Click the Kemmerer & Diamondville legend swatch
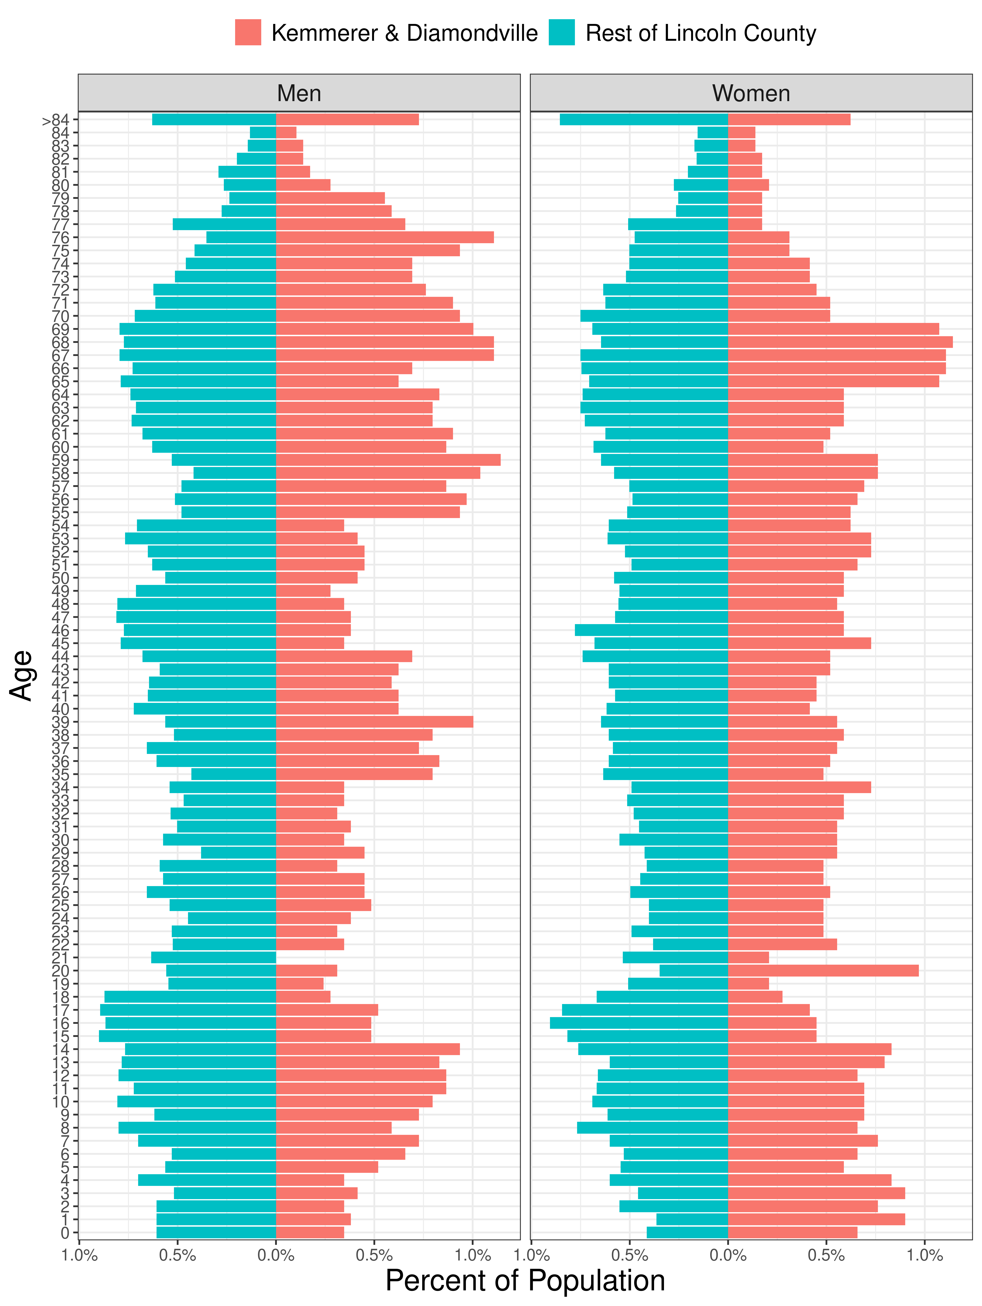[x=248, y=32]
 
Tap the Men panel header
[x=299, y=93]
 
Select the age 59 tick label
[x=61, y=460]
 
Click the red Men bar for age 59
[x=388, y=460]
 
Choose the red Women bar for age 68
[x=840, y=342]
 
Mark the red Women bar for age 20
[x=823, y=970]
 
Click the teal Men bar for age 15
[x=187, y=1035]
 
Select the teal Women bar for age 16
[x=639, y=1023]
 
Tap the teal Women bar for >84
[x=644, y=119]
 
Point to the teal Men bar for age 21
[x=213, y=957]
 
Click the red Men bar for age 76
[x=384, y=237]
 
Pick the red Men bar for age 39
[x=374, y=721]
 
